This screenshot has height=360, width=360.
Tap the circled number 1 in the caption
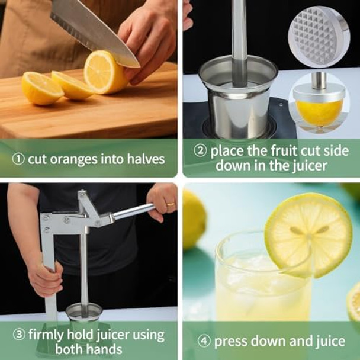19,159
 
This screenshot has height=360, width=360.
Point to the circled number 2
200,150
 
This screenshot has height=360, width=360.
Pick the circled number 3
20,335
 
